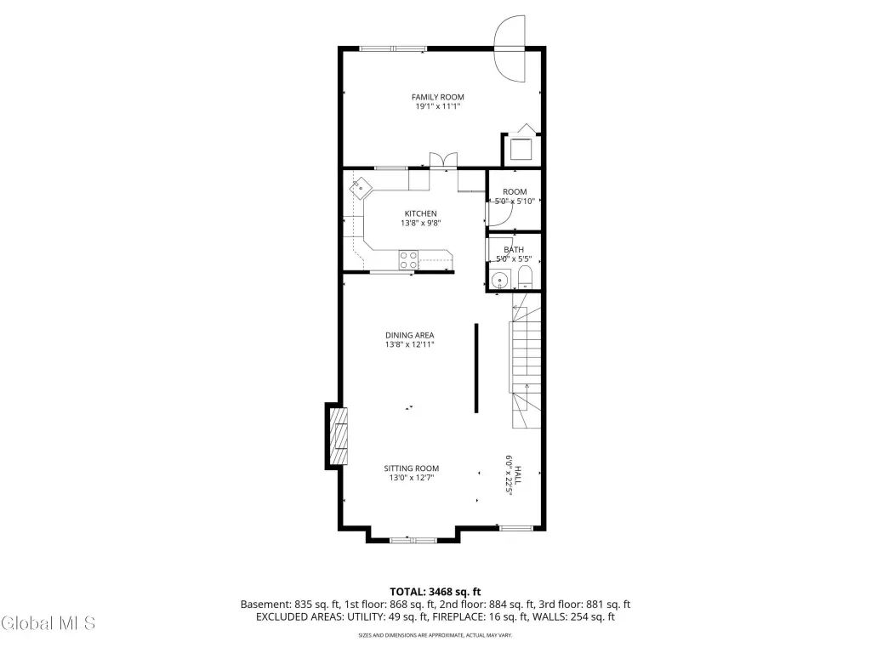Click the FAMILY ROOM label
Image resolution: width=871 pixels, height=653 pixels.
(438, 97)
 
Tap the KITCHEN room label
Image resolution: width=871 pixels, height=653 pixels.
(420, 213)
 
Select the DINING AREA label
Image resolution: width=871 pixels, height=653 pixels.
(410, 335)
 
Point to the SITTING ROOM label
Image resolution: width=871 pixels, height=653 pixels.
(412, 468)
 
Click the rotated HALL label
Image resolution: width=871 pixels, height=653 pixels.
(518, 475)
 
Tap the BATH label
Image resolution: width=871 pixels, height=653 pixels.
(514, 250)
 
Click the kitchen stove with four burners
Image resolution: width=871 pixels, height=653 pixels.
(409, 260)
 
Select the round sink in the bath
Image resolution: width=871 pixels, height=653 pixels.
(500, 279)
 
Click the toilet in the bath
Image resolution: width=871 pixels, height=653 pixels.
(525, 278)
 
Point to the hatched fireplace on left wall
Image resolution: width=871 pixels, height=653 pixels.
(339, 436)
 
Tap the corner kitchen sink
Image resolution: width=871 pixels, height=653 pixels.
(361, 188)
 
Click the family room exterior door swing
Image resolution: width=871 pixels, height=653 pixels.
(510, 48)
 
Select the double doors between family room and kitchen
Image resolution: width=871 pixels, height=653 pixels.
(443, 159)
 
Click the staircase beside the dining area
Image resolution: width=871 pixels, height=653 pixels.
(526, 361)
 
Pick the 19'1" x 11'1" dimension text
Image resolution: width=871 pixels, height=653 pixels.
(438, 106)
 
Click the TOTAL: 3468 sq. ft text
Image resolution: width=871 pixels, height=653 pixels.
(435, 592)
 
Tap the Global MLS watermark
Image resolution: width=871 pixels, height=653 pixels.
(48, 623)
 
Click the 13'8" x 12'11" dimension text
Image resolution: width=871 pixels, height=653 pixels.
(410, 345)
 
